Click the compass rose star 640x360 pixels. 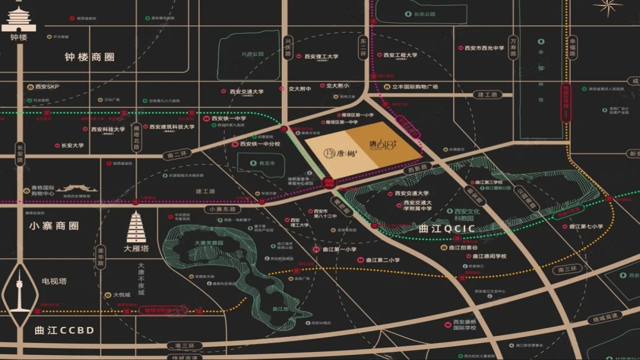[607, 6]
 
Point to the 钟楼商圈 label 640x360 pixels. [89, 57]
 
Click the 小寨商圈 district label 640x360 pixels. [54, 226]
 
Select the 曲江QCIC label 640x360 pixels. [447, 229]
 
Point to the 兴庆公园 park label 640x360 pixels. [252, 54]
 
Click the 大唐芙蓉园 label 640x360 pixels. [208, 242]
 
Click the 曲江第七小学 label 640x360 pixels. [583, 226]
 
